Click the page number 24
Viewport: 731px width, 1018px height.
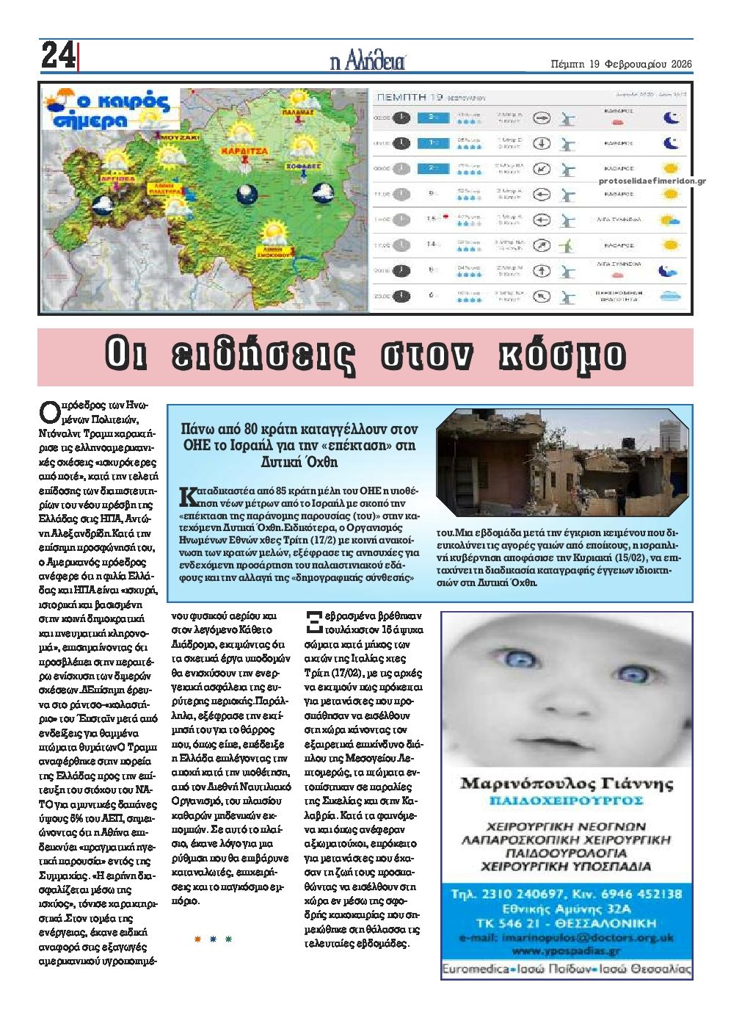tap(58, 55)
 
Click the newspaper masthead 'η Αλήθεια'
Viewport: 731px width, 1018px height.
tap(368, 61)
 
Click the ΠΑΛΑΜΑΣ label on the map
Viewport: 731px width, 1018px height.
tap(297, 112)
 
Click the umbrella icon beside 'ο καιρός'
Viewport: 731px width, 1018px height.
tap(55, 100)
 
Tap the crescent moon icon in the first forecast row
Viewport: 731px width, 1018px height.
tap(669, 118)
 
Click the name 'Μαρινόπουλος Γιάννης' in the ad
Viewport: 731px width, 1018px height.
tap(566, 784)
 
